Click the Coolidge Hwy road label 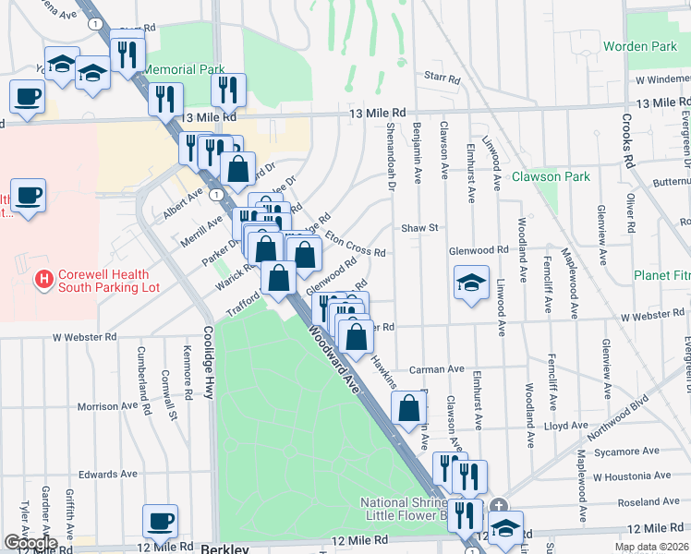[209, 362]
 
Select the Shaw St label [418, 227]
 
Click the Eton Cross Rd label [354, 243]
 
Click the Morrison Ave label [111, 406]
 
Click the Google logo [30, 543]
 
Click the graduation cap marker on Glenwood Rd [471, 283]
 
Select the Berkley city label [225, 548]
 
